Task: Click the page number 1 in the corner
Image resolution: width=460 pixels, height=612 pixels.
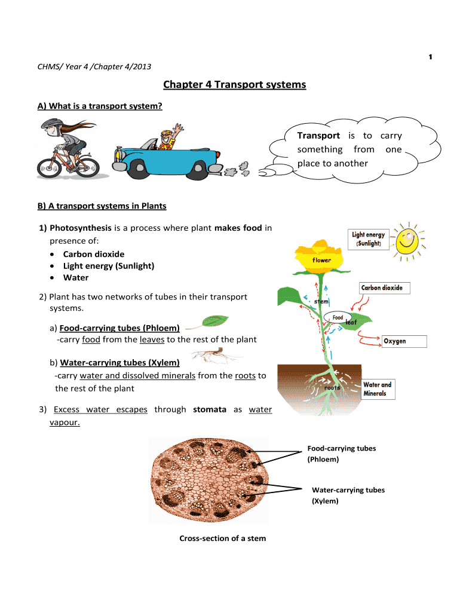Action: coord(430,57)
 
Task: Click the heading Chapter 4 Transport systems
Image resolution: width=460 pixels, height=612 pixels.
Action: coord(235,85)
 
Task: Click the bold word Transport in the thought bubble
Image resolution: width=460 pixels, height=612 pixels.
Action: coord(319,136)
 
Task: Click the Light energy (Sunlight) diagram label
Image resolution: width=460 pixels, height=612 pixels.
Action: coord(369,240)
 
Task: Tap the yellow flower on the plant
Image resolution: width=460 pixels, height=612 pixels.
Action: coord(321,255)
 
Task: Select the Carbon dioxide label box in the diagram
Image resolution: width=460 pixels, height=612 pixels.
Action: coord(382,288)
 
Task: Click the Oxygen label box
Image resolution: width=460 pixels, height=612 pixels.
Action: coord(404,341)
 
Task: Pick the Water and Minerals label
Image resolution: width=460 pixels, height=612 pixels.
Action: coord(378,389)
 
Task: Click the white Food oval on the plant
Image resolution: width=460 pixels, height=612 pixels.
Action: coord(338,317)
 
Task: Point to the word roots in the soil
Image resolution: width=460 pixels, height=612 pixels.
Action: coord(332,387)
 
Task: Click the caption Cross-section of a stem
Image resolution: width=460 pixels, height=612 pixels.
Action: coord(223,538)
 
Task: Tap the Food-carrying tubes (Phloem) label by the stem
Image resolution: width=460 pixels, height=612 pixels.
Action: coord(341,454)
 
